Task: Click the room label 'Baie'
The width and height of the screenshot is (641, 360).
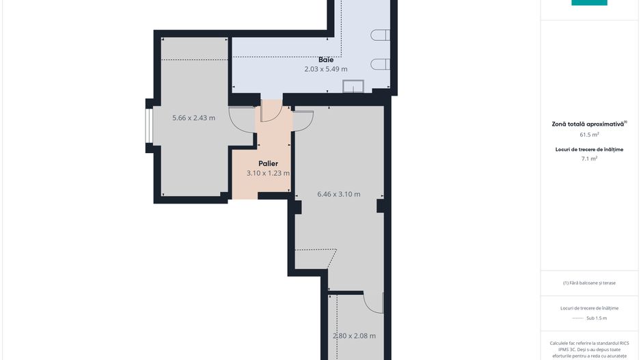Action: pyautogui.click(x=325, y=59)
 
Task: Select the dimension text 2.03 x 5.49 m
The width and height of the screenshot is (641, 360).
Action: pyautogui.click(x=325, y=69)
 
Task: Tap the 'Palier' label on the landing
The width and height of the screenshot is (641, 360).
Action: pyautogui.click(x=268, y=163)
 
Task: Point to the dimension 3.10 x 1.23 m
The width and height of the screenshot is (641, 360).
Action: pyautogui.click(x=268, y=174)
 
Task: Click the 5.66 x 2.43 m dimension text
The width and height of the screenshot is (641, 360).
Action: pyautogui.click(x=193, y=117)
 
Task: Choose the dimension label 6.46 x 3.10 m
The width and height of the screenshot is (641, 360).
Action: pyautogui.click(x=339, y=194)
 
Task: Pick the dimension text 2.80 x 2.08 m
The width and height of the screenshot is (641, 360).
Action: pyautogui.click(x=354, y=335)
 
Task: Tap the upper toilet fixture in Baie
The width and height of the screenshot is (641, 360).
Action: pyautogui.click(x=380, y=36)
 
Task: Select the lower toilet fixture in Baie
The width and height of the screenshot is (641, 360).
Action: pyautogui.click(x=380, y=64)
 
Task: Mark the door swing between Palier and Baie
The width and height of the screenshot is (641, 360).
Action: pyautogui.click(x=271, y=111)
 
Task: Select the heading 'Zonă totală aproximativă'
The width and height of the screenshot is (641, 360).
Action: pyautogui.click(x=589, y=124)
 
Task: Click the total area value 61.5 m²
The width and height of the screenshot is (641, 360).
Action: pyautogui.click(x=589, y=135)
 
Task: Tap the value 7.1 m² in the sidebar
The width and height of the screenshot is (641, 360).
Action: pyautogui.click(x=589, y=158)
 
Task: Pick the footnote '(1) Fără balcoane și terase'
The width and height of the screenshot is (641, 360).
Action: pyautogui.click(x=589, y=283)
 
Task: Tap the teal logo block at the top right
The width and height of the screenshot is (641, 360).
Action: pyautogui.click(x=589, y=3)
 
